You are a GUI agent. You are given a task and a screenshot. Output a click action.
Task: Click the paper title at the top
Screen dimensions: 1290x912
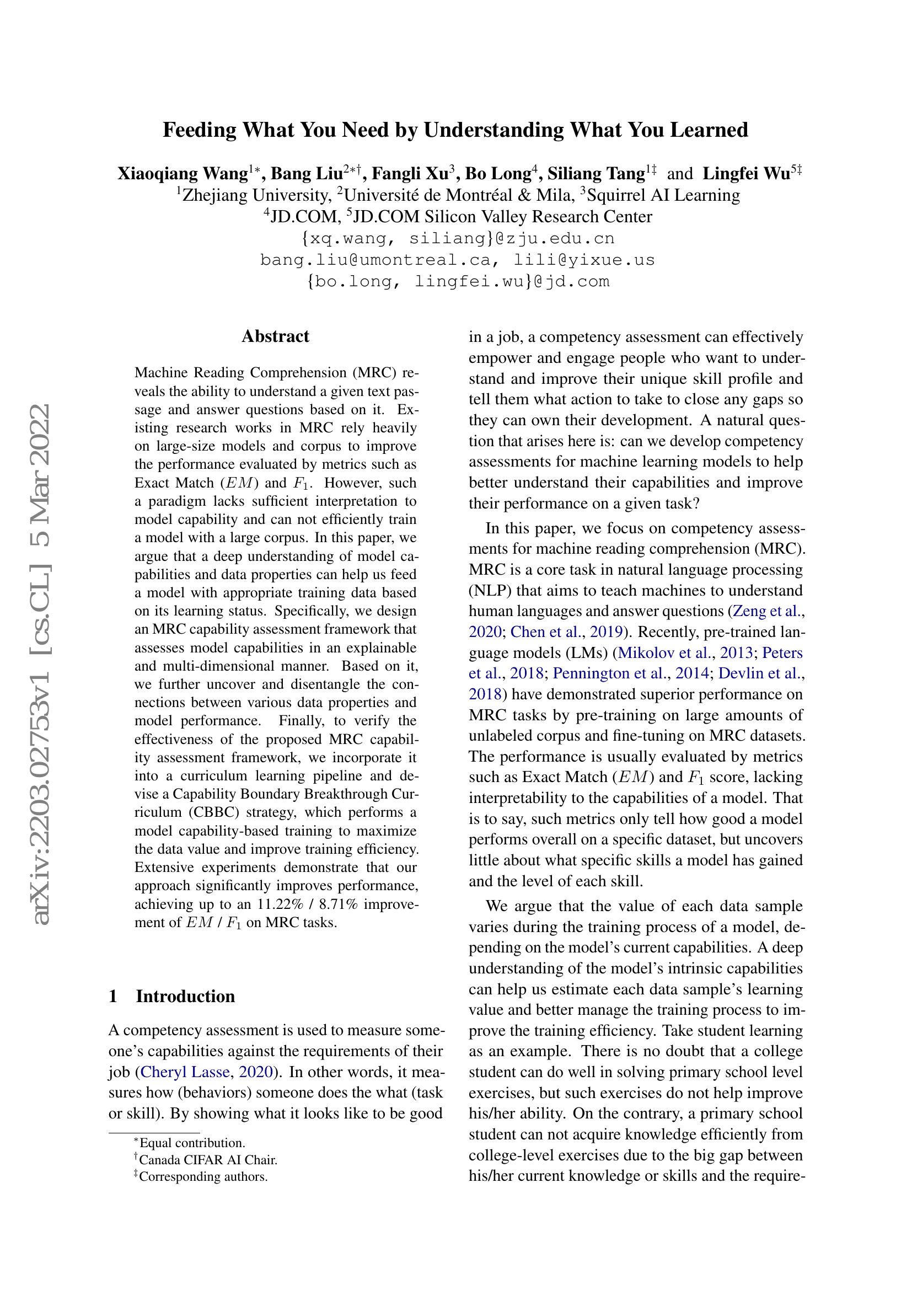pyautogui.click(x=455, y=130)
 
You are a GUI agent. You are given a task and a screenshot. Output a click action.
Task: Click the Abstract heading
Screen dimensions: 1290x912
pyautogui.click(x=275, y=336)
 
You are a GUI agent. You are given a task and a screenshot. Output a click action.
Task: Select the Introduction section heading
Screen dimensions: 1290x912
pyautogui.click(x=185, y=996)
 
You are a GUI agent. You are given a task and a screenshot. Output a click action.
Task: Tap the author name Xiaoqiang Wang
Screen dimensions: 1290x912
pyautogui.click(x=183, y=174)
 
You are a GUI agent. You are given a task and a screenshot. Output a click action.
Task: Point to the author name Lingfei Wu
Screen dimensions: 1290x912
pyautogui.click(x=747, y=174)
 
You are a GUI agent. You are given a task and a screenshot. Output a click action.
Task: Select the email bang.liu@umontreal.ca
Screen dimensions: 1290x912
pyautogui.click(x=379, y=260)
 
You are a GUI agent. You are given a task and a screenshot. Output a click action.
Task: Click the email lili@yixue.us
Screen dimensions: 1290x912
pyautogui.click(x=584, y=260)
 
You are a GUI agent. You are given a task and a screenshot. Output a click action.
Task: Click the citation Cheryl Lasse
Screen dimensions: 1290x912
pyautogui.click(x=185, y=1072)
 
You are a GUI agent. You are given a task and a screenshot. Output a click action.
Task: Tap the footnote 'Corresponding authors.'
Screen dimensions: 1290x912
pyautogui.click(x=203, y=1176)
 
